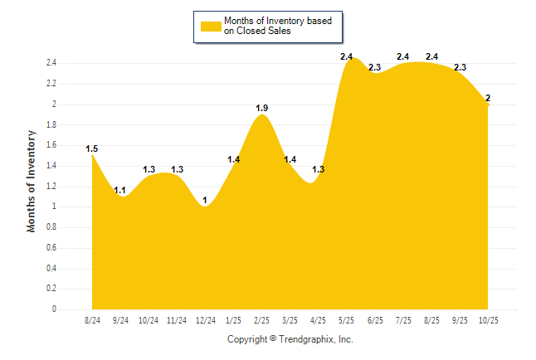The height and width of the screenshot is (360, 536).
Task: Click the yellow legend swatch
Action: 211,26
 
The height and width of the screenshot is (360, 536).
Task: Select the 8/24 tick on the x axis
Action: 92,320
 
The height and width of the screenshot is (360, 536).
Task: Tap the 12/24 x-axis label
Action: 205,320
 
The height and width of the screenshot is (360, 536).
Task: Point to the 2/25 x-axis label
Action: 262,320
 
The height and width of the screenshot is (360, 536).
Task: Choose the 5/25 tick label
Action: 347,320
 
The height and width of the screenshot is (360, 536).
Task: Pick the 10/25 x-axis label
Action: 488,320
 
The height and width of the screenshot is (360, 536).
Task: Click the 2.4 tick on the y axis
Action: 51,63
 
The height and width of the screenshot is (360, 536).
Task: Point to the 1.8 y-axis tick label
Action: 51,124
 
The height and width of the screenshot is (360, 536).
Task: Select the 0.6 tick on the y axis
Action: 51,248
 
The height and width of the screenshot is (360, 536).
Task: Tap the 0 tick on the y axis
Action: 54,309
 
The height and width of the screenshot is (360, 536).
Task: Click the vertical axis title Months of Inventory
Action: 32,180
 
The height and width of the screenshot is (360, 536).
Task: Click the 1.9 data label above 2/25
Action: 262,108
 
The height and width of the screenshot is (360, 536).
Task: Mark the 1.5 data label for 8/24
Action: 92,149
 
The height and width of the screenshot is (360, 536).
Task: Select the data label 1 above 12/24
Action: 205,200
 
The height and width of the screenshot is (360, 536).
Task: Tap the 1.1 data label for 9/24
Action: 120,190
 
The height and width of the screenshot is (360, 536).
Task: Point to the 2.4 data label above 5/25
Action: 347,56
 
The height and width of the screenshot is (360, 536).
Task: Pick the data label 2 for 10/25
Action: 488,98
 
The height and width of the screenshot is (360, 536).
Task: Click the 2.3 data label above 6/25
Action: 375,67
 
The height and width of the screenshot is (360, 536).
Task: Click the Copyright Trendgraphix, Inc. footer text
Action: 290,339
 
